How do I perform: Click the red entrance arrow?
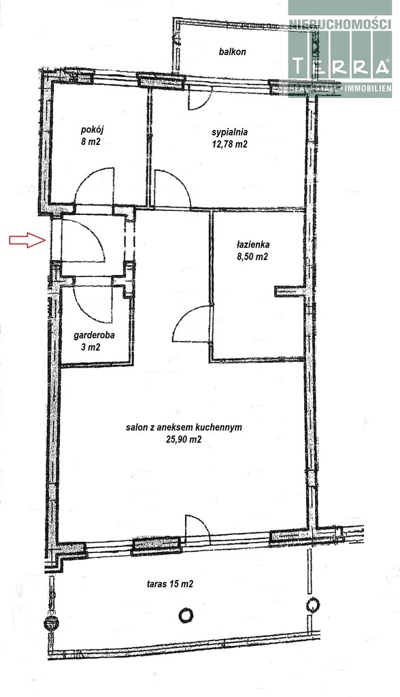[x=27, y=240]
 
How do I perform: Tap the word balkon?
[x=232, y=52]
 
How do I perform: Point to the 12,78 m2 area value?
[x=229, y=144]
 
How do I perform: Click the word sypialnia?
[x=229, y=133]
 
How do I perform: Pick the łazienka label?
[x=253, y=244]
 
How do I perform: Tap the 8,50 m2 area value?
[x=253, y=256]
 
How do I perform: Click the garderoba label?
[x=94, y=335]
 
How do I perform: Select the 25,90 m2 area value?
[x=183, y=440]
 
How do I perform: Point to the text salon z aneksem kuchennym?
[x=184, y=427]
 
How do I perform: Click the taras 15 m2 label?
[x=170, y=584]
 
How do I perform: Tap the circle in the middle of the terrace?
[x=186, y=615]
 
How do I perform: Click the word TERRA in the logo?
[x=340, y=67]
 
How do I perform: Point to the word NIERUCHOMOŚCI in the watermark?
[x=340, y=24]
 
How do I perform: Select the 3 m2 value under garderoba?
[x=90, y=347]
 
